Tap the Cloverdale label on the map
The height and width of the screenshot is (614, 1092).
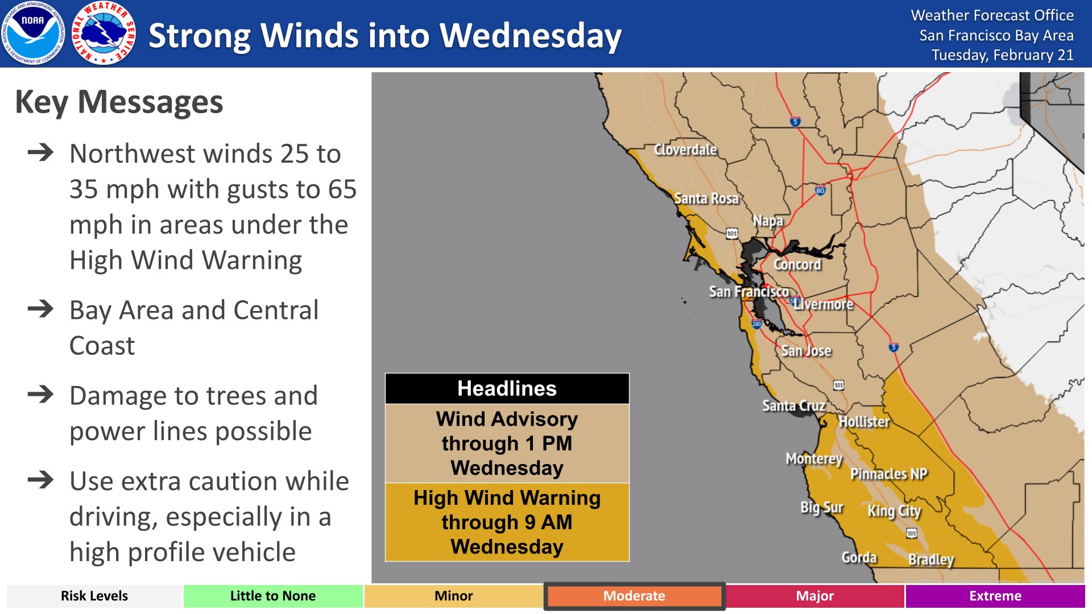click(685, 150)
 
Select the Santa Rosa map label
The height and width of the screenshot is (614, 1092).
click(706, 198)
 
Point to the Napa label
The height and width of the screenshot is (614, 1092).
click(768, 221)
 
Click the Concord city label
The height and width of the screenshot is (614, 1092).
click(797, 264)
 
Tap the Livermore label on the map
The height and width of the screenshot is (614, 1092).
click(824, 305)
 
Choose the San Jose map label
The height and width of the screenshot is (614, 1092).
click(806, 351)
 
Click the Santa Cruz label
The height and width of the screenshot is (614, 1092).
click(793, 405)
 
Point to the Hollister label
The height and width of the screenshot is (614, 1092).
click(864, 422)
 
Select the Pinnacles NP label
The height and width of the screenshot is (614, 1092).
click(888, 474)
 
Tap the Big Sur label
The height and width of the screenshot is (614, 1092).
click(821, 507)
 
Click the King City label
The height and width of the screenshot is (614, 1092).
click(894, 511)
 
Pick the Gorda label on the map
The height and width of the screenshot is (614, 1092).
click(859, 557)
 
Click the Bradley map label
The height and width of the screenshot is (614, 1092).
click(930, 559)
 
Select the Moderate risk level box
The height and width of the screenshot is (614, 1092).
click(634, 596)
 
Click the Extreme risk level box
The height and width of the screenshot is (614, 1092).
click(995, 596)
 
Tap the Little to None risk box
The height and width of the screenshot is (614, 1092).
click(272, 596)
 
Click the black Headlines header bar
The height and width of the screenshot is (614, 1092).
click(507, 389)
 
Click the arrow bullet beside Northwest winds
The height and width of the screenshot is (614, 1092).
click(40, 152)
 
